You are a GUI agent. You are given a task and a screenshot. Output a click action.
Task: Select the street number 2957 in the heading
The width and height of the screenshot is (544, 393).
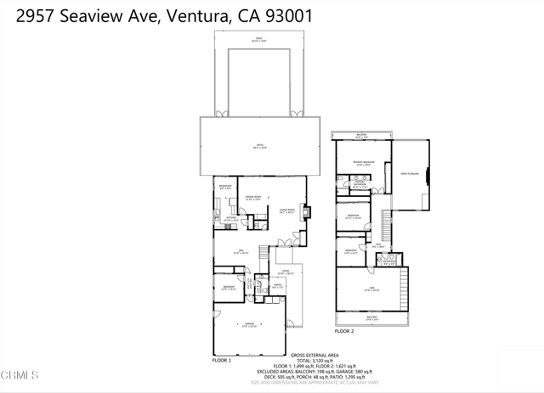tap(33, 16)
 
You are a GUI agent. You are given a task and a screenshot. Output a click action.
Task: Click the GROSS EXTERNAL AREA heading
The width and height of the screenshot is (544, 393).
tap(314, 355)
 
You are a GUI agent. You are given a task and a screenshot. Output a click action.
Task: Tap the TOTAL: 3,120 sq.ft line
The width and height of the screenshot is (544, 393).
tap(314, 361)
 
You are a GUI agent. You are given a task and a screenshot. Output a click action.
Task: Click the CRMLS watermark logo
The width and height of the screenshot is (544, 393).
tap(20, 374)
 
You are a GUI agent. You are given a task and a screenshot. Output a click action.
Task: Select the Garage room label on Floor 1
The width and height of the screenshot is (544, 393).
tap(250, 325)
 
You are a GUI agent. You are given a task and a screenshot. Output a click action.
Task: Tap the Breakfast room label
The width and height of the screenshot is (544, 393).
tap(225, 188)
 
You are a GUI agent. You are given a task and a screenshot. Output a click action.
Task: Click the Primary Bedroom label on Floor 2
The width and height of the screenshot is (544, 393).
tap(364, 163)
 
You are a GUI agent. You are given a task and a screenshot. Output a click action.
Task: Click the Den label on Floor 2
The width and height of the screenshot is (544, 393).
tap(371, 290)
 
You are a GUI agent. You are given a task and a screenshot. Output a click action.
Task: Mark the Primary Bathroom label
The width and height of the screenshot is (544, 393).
tap(360, 183)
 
